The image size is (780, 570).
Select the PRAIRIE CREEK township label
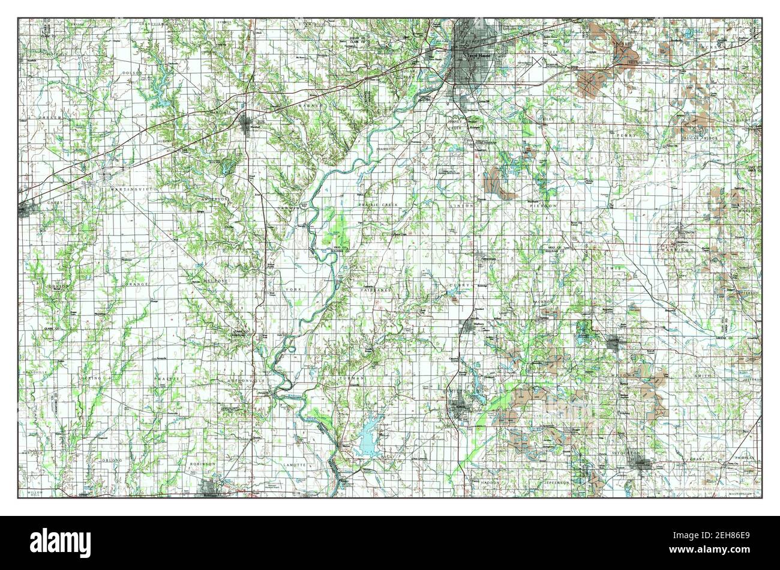point(378,205)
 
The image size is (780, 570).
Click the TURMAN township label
point(353,377)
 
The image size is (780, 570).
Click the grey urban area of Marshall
point(246,125)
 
